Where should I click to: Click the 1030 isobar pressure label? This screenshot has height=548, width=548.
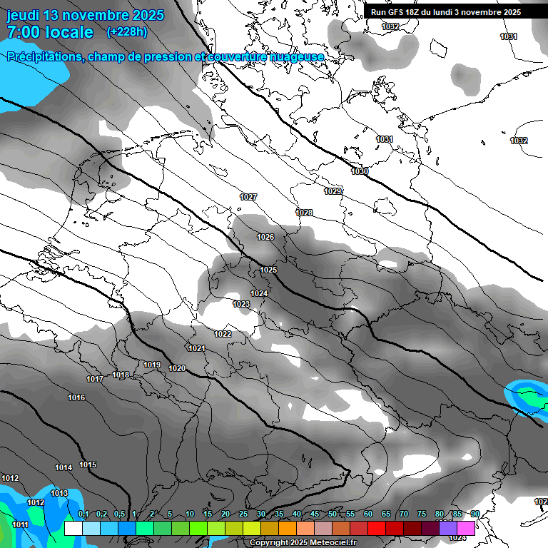360,172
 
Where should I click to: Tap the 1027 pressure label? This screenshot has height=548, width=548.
248,197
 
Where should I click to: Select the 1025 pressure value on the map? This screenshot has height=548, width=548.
268,270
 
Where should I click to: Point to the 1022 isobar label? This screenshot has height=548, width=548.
223,334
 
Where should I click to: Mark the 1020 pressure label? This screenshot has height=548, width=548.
177,368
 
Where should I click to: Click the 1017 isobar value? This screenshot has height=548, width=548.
94,379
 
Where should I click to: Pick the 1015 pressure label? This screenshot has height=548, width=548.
88,465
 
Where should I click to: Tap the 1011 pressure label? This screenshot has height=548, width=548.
20,524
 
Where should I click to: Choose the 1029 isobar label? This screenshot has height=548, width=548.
333,191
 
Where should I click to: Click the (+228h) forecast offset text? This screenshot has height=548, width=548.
127,32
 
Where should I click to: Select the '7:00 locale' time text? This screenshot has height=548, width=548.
50,32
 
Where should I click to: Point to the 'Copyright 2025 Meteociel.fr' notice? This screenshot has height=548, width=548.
302,542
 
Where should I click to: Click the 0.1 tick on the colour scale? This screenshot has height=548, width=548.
83,514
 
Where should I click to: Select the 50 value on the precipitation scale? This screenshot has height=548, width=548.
333,514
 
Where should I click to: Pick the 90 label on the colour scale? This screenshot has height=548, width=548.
475,514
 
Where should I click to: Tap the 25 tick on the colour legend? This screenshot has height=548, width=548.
243,514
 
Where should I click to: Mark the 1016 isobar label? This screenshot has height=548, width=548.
76,397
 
